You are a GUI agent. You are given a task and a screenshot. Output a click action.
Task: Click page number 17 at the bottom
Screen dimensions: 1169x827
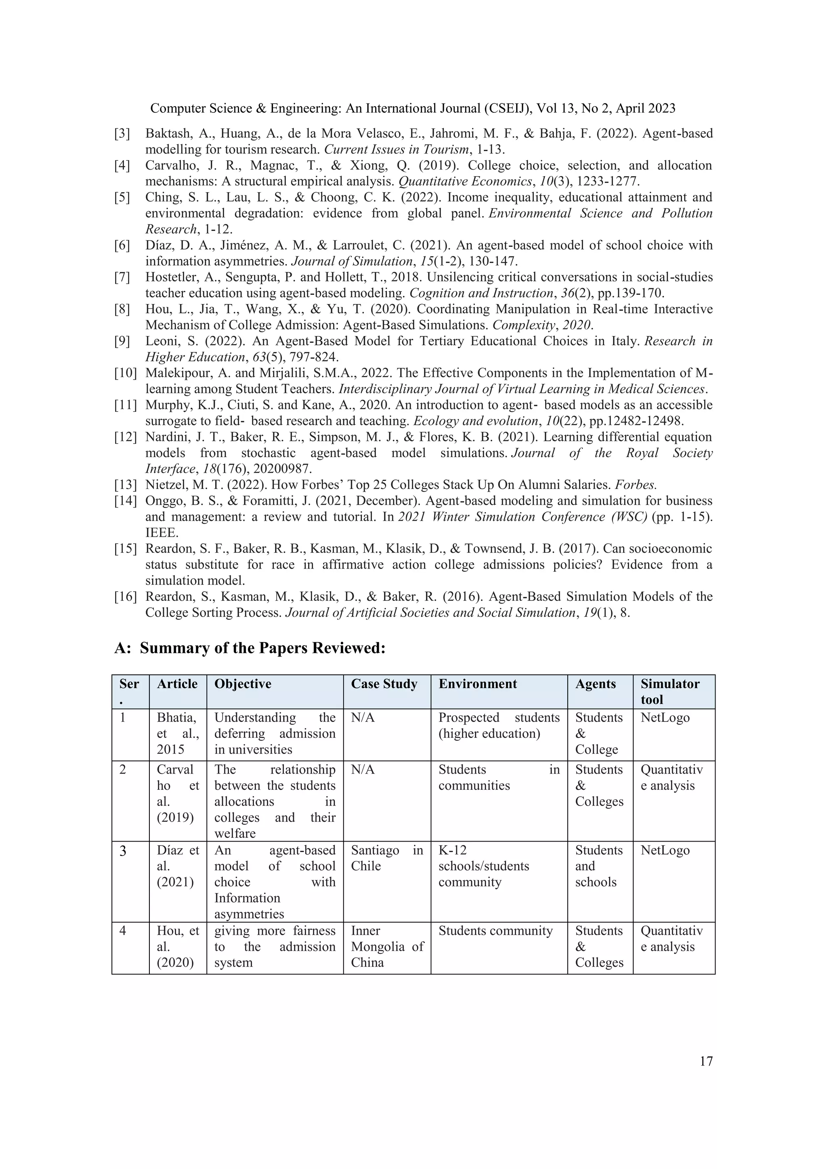706,1061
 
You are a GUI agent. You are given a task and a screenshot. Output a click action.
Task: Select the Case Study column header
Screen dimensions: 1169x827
384,684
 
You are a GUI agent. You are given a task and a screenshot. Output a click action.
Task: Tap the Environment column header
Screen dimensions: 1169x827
477,684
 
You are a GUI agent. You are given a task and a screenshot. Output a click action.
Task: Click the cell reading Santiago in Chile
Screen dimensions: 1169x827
386,858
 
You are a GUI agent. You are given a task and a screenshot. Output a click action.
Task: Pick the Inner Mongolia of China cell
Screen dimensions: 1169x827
386,947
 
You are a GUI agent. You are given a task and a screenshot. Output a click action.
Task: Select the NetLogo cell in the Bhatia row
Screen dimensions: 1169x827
665,718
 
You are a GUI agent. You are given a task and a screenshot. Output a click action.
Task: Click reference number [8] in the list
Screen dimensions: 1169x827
122,309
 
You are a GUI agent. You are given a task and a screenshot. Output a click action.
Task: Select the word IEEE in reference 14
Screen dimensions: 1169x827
162,533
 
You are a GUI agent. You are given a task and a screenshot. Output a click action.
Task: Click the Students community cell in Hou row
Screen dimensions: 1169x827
495,931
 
